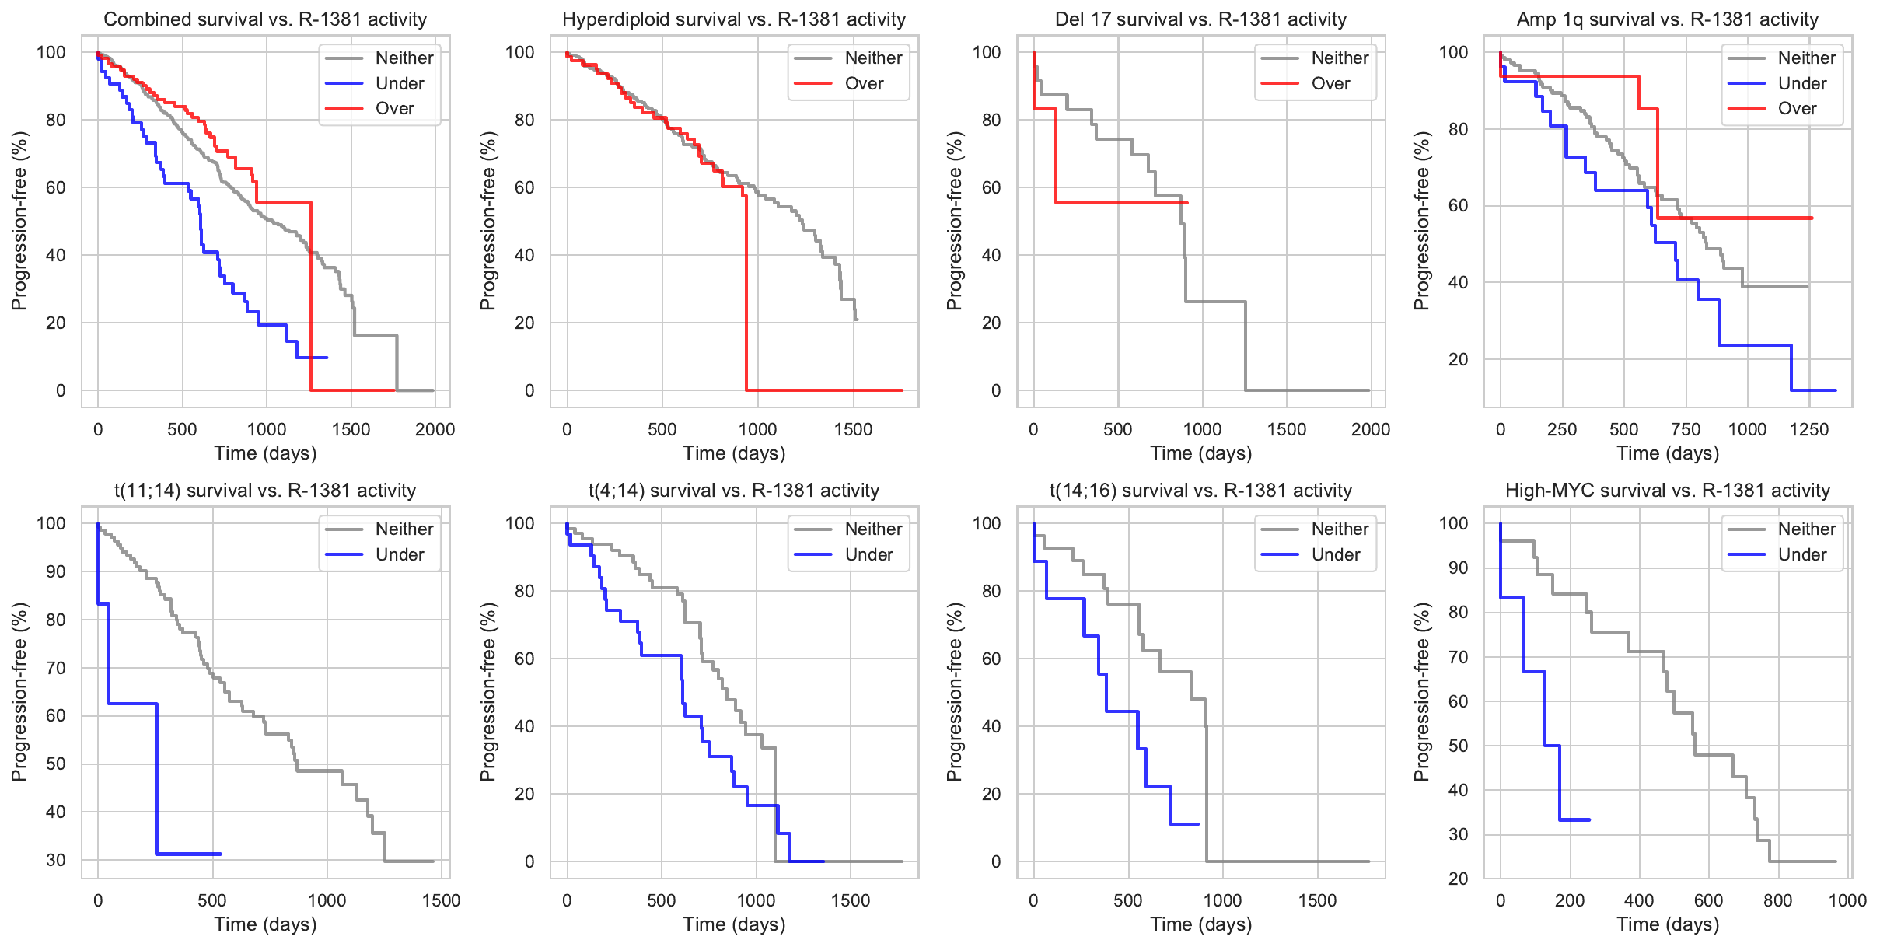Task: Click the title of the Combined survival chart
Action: (x=265, y=19)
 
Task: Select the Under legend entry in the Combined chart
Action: (x=399, y=83)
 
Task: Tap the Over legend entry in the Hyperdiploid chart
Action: (x=864, y=83)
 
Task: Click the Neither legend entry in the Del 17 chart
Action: (x=1340, y=58)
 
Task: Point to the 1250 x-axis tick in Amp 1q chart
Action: (x=1808, y=429)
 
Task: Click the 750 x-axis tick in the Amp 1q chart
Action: (x=1686, y=429)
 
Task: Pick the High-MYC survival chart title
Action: (x=1667, y=491)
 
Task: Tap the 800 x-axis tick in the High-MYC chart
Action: (x=1777, y=900)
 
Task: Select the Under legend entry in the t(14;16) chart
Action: (x=1335, y=554)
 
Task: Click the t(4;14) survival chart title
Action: (x=733, y=491)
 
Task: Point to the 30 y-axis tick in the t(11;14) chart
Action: (x=56, y=860)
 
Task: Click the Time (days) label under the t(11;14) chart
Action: (x=265, y=924)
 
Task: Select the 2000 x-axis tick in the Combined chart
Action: (x=435, y=429)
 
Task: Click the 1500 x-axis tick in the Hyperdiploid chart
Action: (x=853, y=429)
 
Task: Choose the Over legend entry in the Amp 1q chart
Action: (x=1797, y=108)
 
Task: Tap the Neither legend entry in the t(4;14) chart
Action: (x=873, y=529)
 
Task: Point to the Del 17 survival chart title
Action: (x=1200, y=19)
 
